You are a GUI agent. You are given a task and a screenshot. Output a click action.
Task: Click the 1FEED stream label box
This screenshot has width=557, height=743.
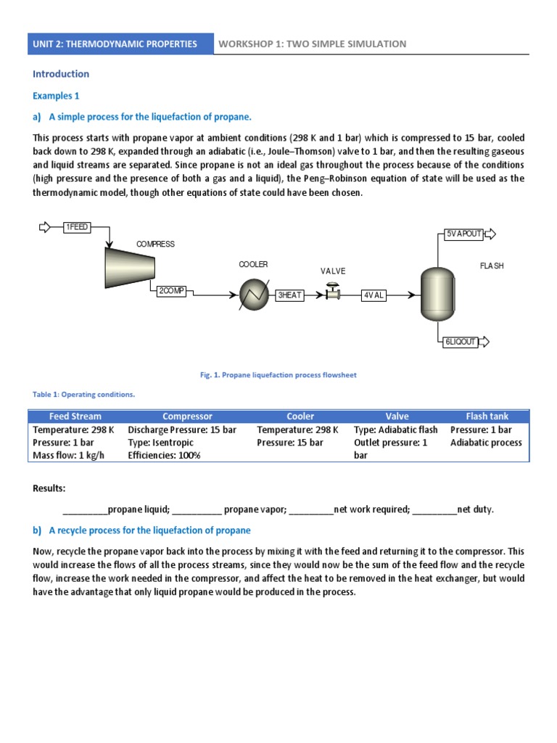click(77, 227)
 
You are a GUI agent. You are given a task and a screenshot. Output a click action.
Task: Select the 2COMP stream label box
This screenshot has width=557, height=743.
click(171, 291)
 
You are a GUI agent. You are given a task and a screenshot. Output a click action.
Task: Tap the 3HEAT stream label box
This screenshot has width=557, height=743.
click(290, 295)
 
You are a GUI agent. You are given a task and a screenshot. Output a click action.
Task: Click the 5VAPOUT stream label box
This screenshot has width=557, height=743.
click(463, 234)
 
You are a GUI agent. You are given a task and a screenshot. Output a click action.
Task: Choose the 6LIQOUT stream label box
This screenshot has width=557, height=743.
click(461, 342)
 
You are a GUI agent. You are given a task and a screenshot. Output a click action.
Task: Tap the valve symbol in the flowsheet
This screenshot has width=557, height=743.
click(333, 293)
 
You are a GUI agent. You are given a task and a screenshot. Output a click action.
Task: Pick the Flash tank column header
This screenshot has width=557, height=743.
click(487, 416)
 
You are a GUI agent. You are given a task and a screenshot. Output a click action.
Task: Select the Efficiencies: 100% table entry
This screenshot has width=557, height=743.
click(164, 456)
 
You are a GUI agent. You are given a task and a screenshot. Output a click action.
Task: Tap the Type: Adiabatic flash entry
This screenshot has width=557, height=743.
click(395, 430)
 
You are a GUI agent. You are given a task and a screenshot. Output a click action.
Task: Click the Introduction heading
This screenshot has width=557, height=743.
click(61, 74)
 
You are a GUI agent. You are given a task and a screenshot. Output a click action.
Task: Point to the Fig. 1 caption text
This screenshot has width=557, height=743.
click(278, 375)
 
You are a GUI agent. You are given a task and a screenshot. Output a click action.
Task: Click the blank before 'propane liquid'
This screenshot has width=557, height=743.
click(85, 510)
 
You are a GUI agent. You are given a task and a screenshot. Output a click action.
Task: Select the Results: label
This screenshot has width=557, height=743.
click(49, 488)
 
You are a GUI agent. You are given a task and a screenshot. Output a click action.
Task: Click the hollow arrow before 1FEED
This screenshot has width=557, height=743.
click(45, 227)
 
